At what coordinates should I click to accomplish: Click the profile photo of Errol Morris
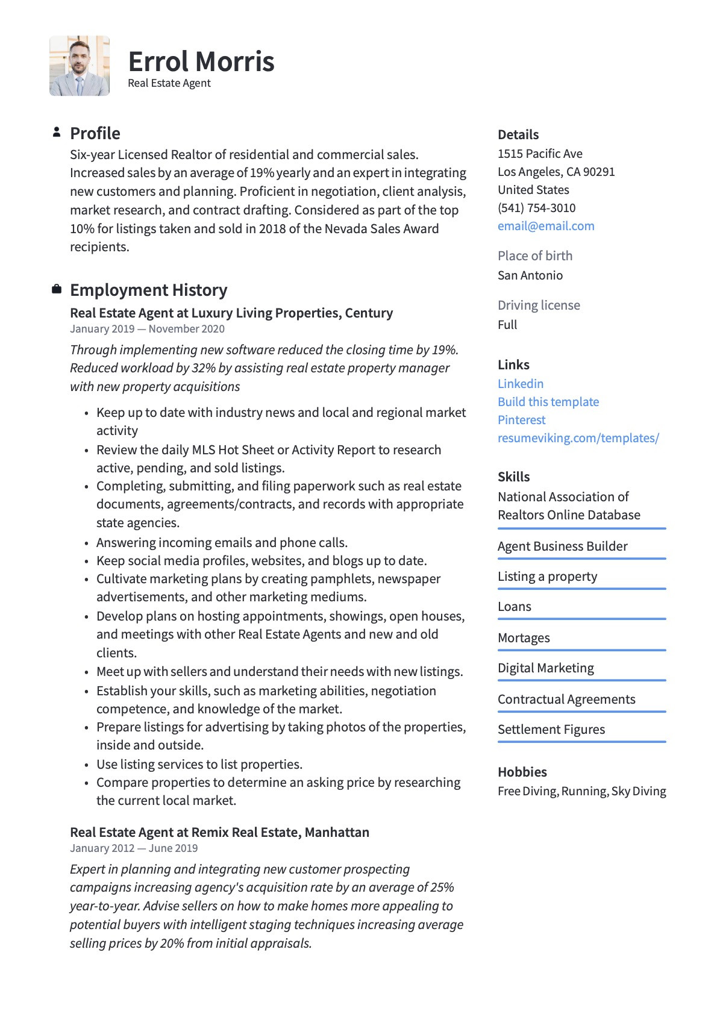click(80, 66)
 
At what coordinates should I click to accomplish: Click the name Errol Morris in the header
click(201, 61)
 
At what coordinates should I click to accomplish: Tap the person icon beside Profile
click(57, 132)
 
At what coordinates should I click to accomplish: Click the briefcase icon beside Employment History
click(57, 289)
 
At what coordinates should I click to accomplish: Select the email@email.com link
click(546, 226)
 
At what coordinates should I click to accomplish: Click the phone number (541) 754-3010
click(536, 208)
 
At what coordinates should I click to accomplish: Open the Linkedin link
click(521, 384)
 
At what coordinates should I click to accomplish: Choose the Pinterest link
click(521, 420)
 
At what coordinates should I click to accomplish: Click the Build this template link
click(548, 402)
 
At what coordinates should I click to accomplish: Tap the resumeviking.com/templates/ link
click(578, 438)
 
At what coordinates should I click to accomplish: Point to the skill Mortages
click(524, 637)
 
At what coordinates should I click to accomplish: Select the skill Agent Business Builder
click(562, 546)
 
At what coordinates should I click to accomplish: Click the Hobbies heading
click(522, 772)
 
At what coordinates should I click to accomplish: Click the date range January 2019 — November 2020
click(147, 329)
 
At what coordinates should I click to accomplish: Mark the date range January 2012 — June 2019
click(134, 848)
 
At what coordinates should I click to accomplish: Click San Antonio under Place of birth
click(530, 275)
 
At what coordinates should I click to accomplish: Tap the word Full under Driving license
click(507, 325)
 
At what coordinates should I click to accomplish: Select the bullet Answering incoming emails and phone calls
click(222, 542)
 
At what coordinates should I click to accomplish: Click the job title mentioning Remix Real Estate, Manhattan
click(219, 832)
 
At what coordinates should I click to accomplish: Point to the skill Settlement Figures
click(551, 730)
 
